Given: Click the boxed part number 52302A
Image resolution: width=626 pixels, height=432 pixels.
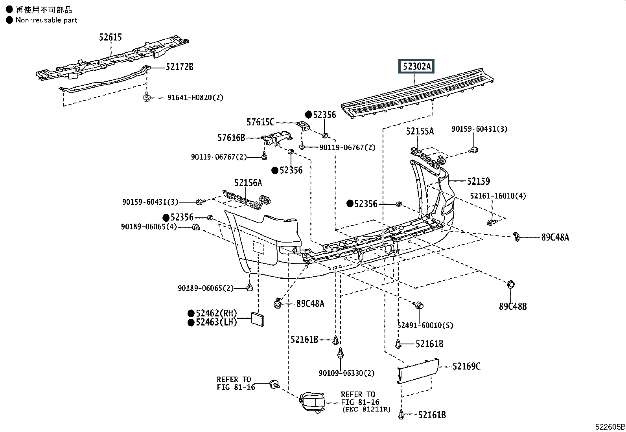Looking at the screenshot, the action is coord(416,66).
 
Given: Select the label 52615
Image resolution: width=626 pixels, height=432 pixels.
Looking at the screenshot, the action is coord(110,37).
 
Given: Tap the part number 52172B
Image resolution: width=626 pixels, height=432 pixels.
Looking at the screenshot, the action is coord(179,67).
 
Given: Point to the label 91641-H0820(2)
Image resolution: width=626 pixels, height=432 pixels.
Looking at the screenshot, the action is coord(195,97).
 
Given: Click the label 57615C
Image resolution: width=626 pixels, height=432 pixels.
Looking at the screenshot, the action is coord(260,122).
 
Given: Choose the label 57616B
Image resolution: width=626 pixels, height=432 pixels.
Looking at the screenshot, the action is coord(231,138).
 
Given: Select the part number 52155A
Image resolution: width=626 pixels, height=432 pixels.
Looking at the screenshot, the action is coord(420,131).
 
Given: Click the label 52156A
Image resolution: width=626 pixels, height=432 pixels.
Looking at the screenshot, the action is coord(248,183).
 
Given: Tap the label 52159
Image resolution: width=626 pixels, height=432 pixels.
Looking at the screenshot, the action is coord(479,181).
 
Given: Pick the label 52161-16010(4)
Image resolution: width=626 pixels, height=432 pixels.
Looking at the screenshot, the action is coord(498,196).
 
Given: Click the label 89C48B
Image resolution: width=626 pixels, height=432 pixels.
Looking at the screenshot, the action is coord(513,307).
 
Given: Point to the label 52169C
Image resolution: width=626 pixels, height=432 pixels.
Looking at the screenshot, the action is coord(466,366).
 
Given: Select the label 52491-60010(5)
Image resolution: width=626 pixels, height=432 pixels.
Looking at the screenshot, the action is coord(425,325).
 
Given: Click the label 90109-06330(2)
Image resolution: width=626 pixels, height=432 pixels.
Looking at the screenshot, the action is coord(346,373).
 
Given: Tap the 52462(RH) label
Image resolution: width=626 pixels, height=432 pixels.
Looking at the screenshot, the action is coord(216,313).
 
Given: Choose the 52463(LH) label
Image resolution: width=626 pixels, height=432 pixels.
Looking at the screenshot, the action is coord(216,322).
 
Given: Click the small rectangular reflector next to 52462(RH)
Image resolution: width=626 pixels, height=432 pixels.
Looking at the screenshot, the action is coord(258,320).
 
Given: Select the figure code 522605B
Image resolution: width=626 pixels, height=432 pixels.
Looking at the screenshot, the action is coord(610,427).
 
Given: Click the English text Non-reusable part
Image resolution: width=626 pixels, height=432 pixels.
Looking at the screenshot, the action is coord(46,20).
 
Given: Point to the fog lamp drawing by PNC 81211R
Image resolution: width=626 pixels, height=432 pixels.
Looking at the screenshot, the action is coord(312,403).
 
